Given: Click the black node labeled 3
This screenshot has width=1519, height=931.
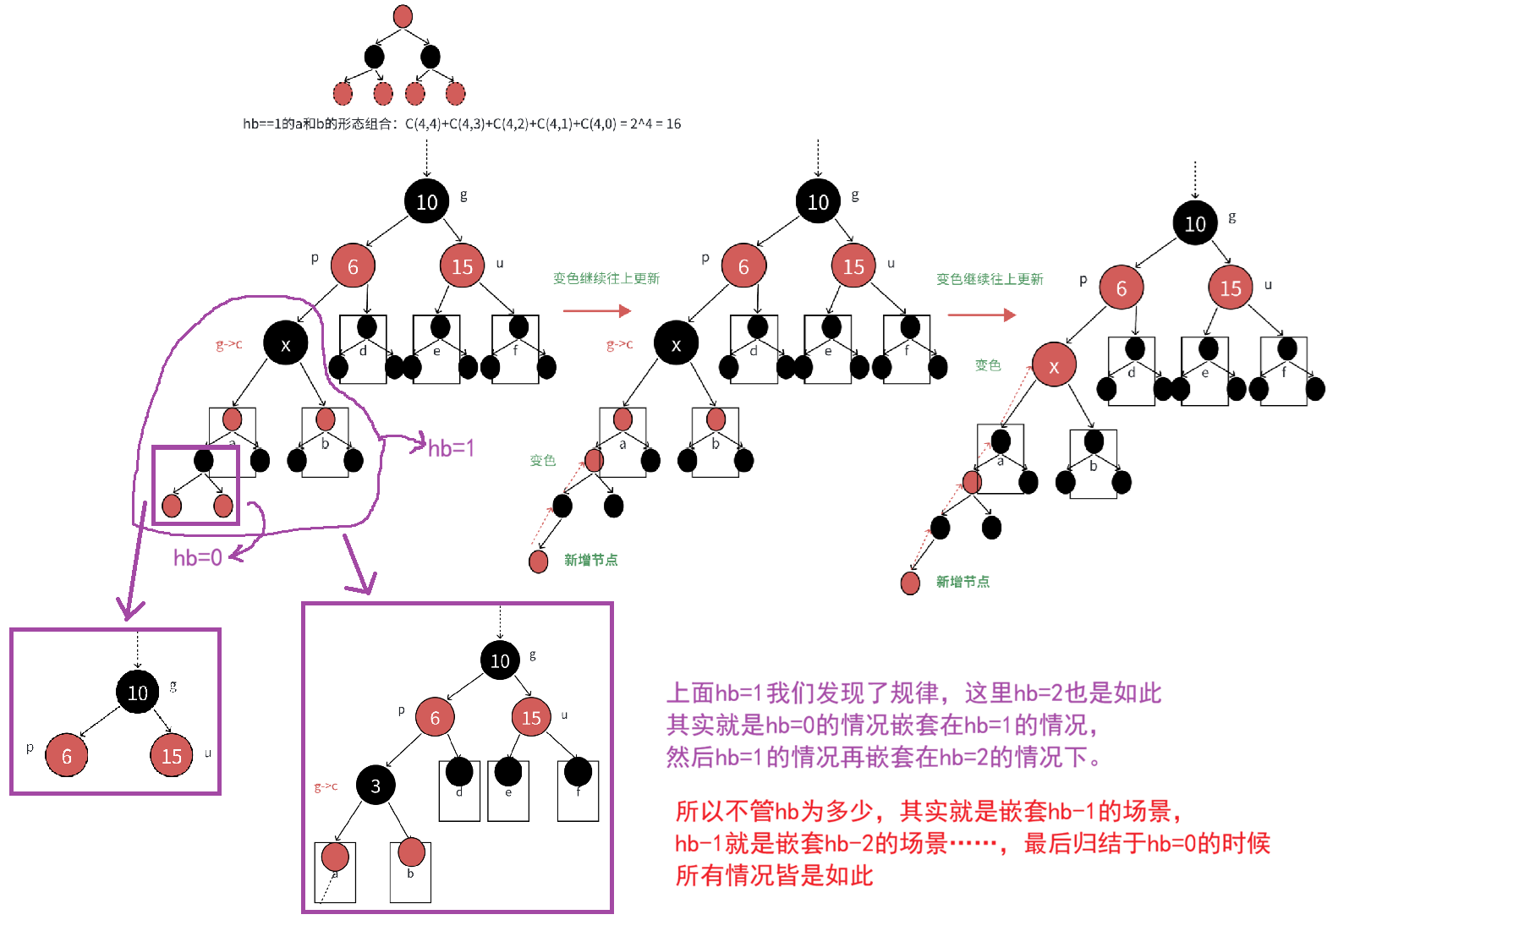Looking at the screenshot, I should point(375,786).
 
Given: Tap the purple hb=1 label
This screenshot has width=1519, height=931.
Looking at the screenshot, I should point(451,448).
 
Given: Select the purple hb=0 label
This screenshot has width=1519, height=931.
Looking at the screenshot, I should point(197,558).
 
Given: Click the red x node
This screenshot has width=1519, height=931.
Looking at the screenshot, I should point(1053,366).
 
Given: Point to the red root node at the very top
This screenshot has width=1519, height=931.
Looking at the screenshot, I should point(403,16).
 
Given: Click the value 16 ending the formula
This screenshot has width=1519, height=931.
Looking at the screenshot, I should point(673,124).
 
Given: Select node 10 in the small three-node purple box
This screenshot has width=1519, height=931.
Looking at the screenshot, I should point(138,693).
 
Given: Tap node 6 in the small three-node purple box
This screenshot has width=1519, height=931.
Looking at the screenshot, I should point(67,756).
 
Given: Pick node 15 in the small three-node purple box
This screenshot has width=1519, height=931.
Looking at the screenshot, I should point(172,756).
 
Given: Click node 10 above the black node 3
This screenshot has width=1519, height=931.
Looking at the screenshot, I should point(500,660).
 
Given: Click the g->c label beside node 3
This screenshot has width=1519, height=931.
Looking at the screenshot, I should point(326,786).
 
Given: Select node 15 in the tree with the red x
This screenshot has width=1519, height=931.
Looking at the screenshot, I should point(1230,288).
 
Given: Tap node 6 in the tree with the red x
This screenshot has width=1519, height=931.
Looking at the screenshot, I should point(1121,288).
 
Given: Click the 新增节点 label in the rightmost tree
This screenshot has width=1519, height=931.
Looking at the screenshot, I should point(962,582).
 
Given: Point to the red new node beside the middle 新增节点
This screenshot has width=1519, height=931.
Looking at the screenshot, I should point(538,561).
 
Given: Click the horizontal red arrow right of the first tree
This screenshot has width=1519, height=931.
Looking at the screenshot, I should point(596,311).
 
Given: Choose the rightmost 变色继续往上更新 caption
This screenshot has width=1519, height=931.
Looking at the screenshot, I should point(990,279).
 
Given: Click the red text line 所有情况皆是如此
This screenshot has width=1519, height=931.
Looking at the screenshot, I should point(774,876).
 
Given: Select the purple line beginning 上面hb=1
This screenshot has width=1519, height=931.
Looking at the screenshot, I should point(913,693).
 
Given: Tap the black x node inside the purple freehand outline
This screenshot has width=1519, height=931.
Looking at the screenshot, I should point(285,344).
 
